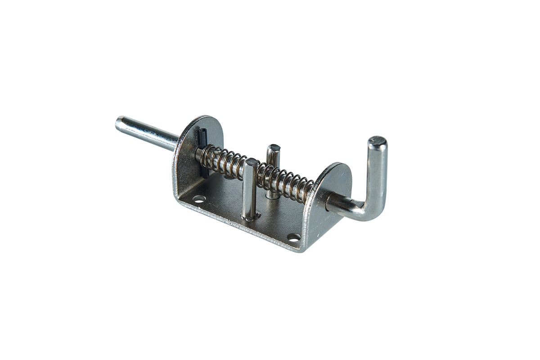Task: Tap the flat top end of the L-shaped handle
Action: pyautogui.click(x=377, y=143)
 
